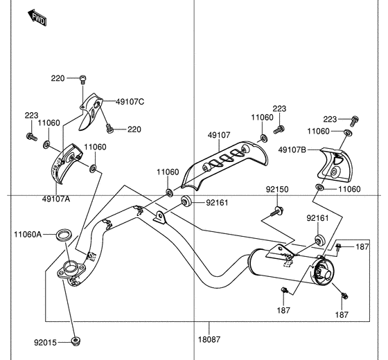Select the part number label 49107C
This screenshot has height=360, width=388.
130,102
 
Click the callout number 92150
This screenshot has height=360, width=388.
276,189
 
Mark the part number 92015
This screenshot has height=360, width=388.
46,341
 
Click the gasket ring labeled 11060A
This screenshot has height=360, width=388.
62,235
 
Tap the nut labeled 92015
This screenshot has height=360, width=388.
77,341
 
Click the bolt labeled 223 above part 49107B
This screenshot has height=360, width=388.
355,119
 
